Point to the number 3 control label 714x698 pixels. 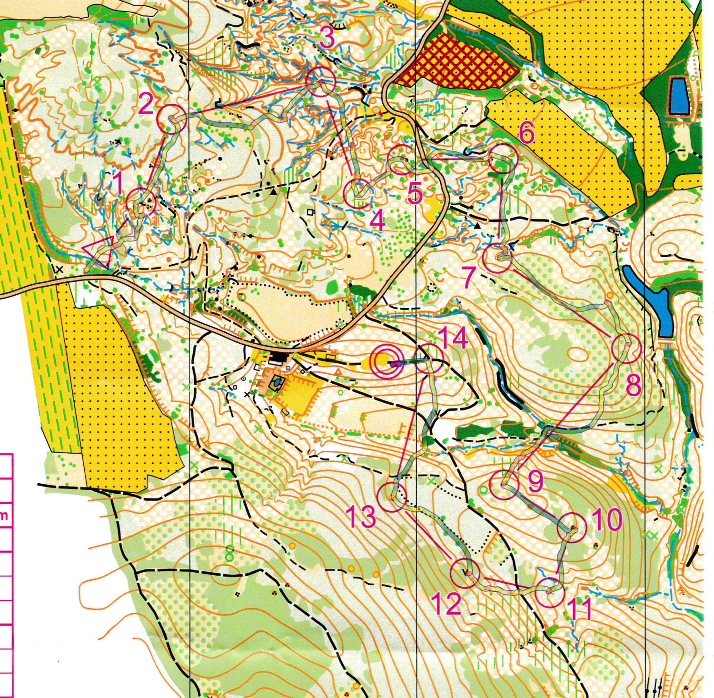(327, 38)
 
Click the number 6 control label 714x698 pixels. (526, 134)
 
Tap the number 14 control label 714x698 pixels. (453, 339)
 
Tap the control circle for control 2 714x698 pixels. (171, 120)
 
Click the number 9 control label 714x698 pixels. (535, 482)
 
